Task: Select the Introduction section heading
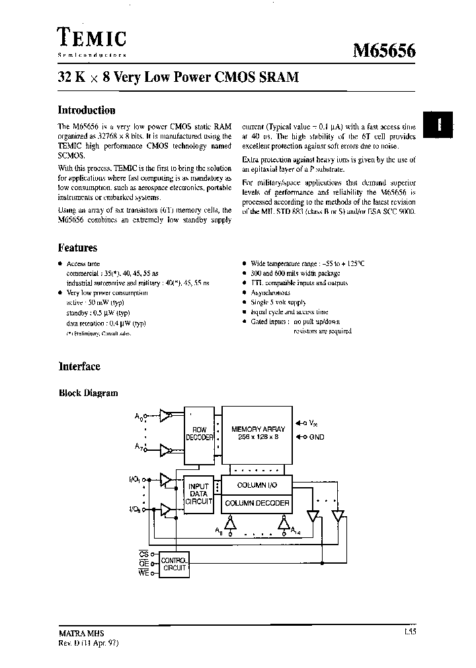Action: tap(87, 110)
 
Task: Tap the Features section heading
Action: tap(77, 248)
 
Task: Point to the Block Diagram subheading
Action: tap(89, 393)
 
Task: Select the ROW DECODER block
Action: tap(199, 433)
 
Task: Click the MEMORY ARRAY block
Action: tap(257, 433)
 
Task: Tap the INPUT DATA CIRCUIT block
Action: tap(198, 494)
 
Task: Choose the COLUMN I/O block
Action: tap(257, 485)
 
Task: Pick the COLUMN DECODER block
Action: tap(257, 503)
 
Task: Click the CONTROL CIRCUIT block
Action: tap(174, 564)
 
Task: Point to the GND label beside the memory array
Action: tap(317, 437)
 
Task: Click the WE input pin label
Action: tap(143, 574)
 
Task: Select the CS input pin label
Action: tap(143, 554)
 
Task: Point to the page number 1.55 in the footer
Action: tap(409, 632)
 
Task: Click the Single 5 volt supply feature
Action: tap(278, 302)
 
